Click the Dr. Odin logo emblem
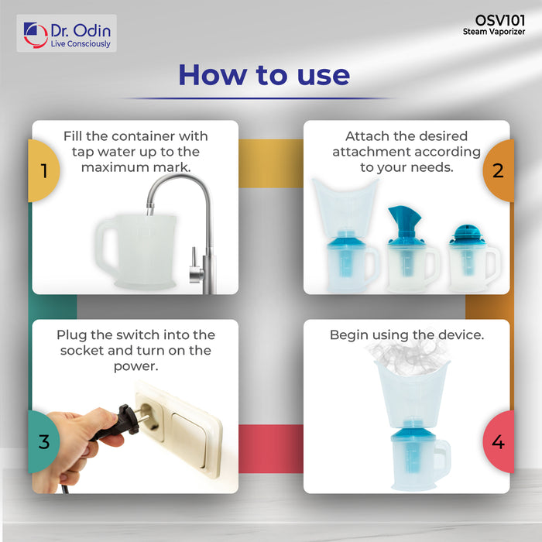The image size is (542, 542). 36,35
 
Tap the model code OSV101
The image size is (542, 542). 500,20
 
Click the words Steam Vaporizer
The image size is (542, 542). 494,32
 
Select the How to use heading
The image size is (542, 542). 264,74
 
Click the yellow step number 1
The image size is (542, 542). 44,170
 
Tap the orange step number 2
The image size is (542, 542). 498,170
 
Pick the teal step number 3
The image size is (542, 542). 44,442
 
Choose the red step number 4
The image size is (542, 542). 498,442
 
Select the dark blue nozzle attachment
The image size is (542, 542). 405,222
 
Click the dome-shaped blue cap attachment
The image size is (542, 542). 466,232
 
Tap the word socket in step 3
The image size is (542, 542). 81,351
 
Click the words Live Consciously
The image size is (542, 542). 81,44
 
